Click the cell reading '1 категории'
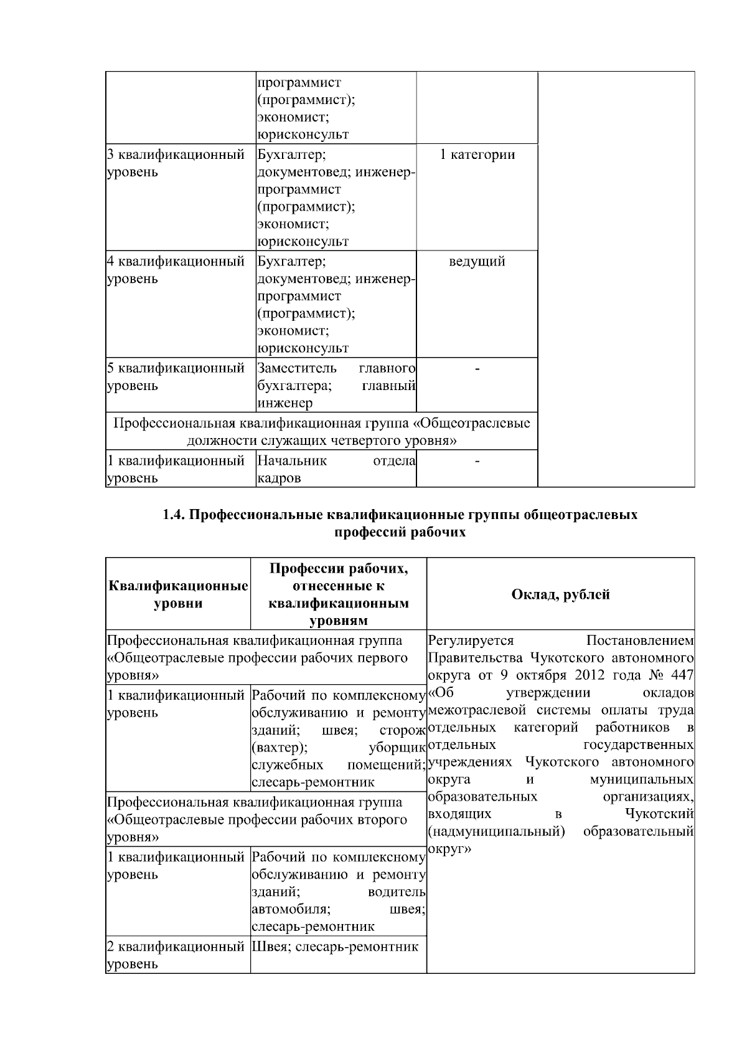[x=477, y=155]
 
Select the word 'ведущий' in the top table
[x=477, y=262]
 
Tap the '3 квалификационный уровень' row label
[x=175, y=163]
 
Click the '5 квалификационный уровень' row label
[x=175, y=377]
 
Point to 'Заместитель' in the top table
[x=297, y=368]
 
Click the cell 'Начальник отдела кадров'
[x=336, y=469]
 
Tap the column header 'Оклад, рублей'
[x=560, y=594]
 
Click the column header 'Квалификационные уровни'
[x=178, y=594]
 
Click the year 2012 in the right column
[x=590, y=676]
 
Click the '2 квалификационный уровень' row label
[x=175, y=955]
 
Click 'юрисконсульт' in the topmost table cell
[x=303, y=135]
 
